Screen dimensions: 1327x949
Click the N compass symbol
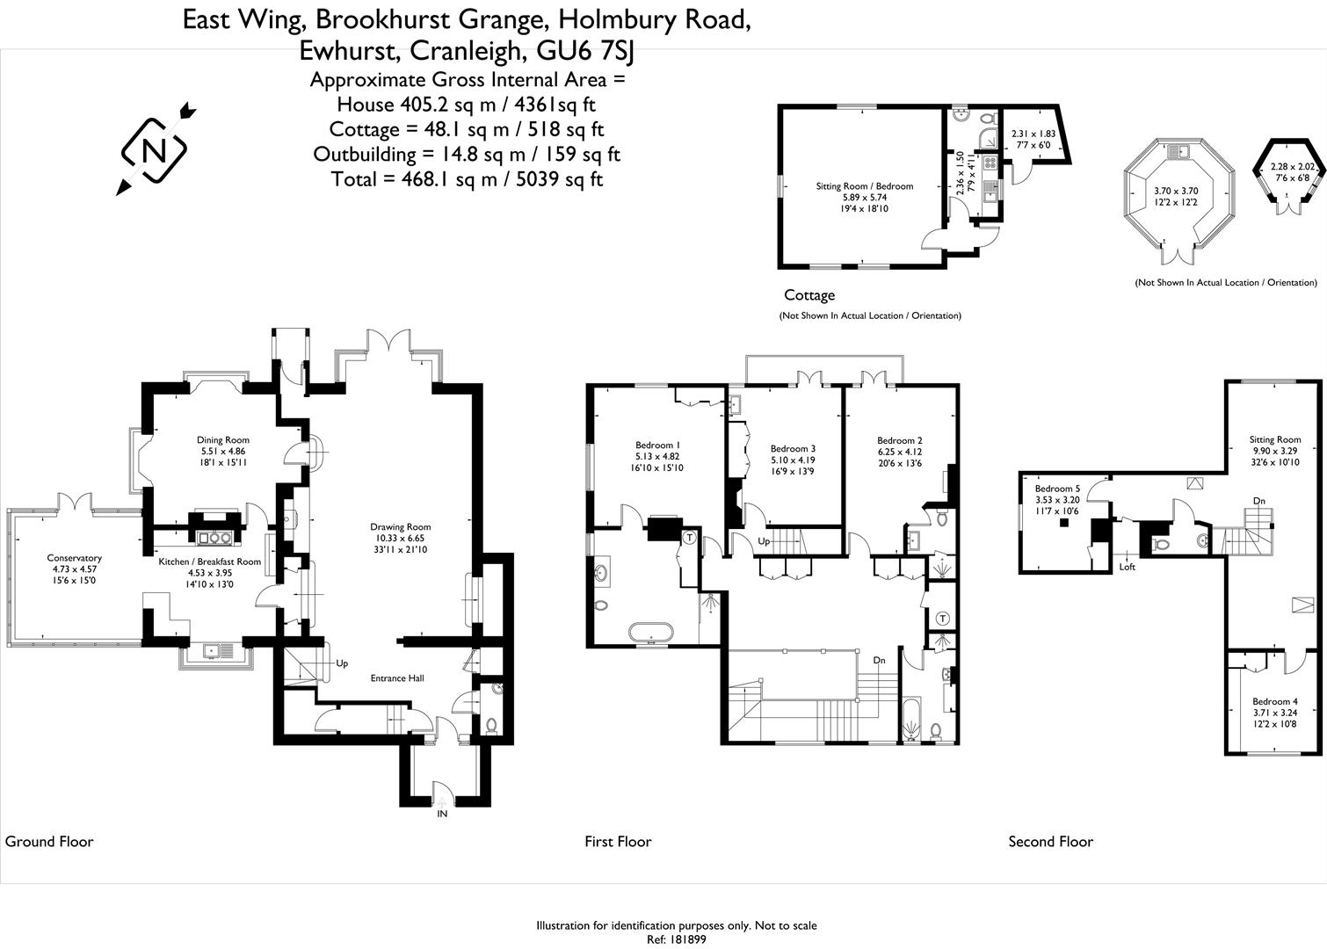click(x=155, y=150)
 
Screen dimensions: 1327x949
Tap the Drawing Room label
click(x=400, y=527)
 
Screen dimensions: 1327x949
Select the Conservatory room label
click(x=75, y=558)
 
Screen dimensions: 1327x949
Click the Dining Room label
click(x=223, y=440)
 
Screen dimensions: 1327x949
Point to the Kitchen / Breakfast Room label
click(x=209, y=561)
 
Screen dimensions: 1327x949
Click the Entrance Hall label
click(x=397, y=677)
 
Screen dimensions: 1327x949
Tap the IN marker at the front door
click(x=443, y=815)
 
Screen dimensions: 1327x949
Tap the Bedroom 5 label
click(x=1057, y=489)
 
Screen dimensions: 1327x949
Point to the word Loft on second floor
click(x=1128, y=567)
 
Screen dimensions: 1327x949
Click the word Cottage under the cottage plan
click(x=809, y=295)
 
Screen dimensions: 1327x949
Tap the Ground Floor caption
click(x=49, y=842)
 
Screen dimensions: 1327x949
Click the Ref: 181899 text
click(x=677, y=938)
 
